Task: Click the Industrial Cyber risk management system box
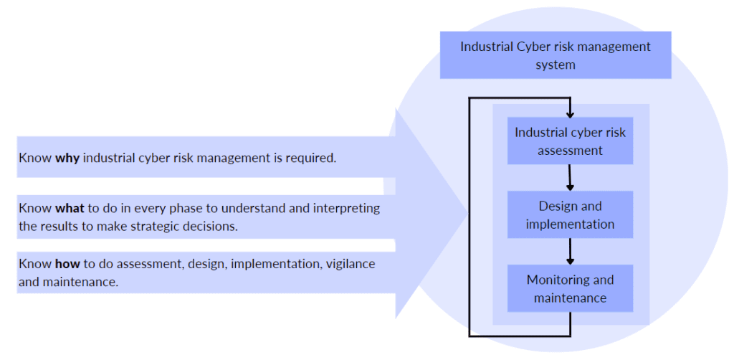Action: tap(556, 55)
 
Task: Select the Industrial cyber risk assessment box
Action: tap(570, 141)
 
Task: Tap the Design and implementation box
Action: tap(570, 214)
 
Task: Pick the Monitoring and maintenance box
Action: tap(570, 288)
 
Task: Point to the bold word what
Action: tap(70, 209)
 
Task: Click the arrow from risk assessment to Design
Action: tap(570, 177)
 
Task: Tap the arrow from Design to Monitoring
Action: tap(570, 251)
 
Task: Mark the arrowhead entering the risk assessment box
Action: tap(570, 113)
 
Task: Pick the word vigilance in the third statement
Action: tap(351, 264)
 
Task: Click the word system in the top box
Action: tap(556, 65)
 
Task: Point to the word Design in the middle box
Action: tap(556, 206)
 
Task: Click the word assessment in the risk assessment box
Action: tap(570, 151)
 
